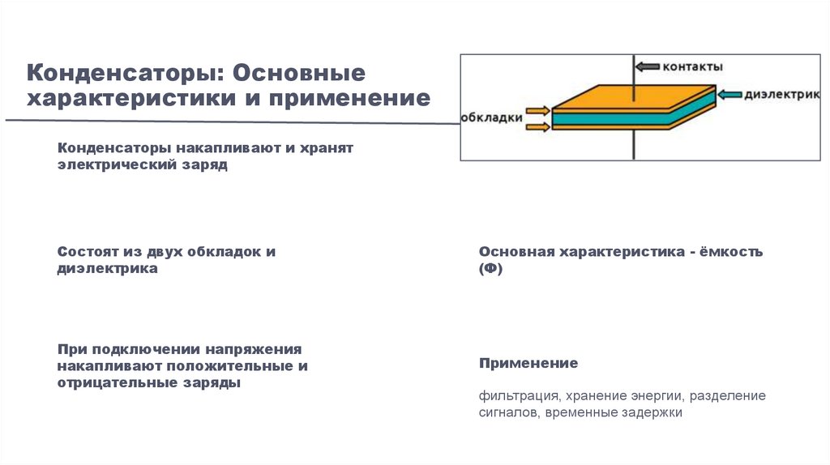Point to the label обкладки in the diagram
click(x=492, y=117)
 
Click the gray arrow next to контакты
click(x=648, y=66)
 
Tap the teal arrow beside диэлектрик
click(x=730, y=94)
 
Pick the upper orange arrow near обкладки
click(x=537, y=111)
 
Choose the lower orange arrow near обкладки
click(x=537, y=125)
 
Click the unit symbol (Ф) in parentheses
click(x=490, y=270)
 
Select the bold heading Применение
click(x=528, y=362)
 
